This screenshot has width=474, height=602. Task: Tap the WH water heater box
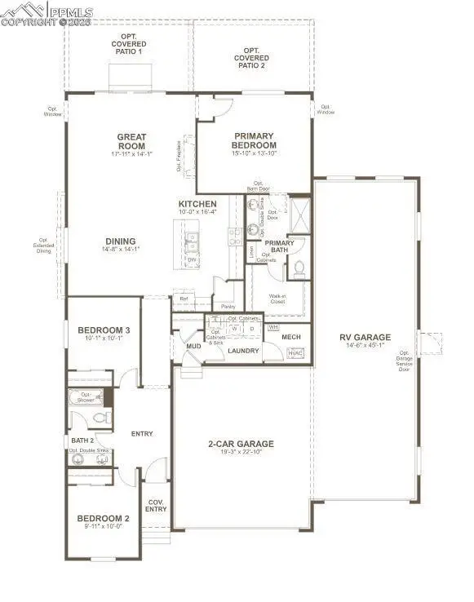coord(272,326)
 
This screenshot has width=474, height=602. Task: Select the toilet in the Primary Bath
coord(299,267)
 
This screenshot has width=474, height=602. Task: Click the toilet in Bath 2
coord(102,417)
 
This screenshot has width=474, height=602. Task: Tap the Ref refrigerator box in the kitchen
coord(184,299)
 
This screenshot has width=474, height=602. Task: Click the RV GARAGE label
coord(365,337)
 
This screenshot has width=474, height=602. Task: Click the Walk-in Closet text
coord(277,299)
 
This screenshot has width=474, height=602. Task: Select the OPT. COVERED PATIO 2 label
coord(251,58)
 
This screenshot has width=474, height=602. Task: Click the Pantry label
coord(216,307)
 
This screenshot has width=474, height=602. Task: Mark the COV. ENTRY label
coord(156,506)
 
